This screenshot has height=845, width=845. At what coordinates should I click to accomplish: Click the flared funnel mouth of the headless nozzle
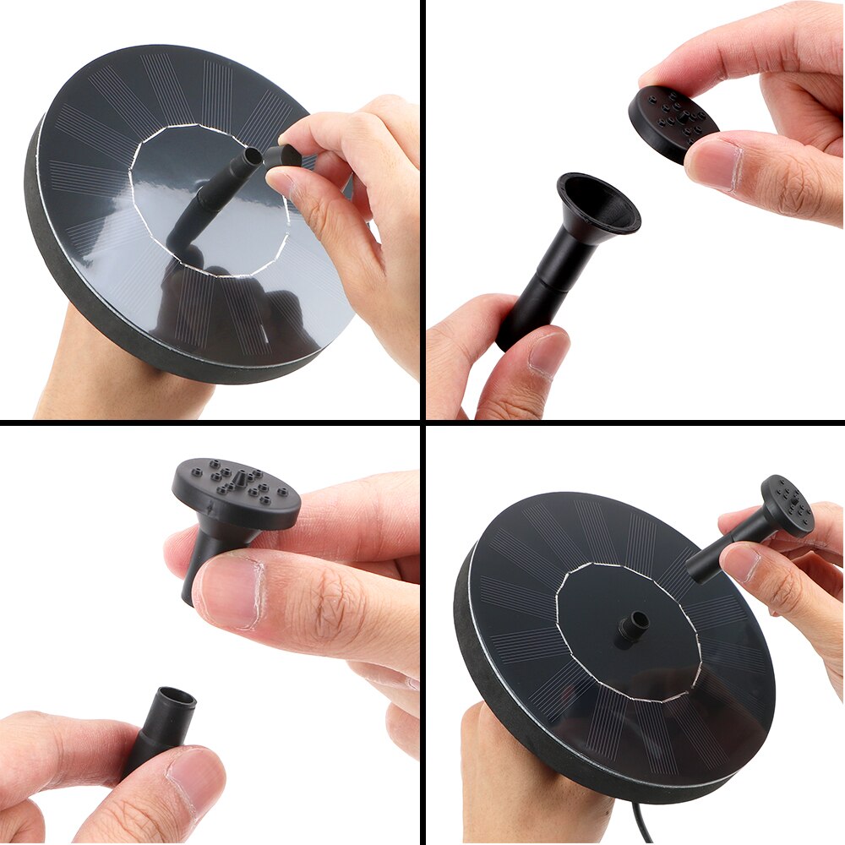click(x=597, y=203)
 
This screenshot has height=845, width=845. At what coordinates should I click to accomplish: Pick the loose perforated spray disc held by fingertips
click(x=672, y=123)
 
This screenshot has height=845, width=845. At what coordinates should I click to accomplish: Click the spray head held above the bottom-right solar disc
click(x=787, y=505)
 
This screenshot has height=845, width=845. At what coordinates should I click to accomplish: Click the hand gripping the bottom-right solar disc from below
click(x=524, y=777)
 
